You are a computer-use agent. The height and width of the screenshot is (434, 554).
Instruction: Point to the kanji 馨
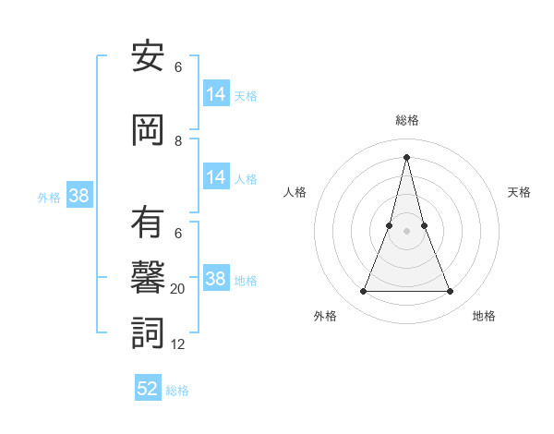pos(148,277)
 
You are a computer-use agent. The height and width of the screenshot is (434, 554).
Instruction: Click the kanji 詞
pos(148,332)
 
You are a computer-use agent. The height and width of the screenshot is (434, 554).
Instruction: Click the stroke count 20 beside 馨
pos(178,289)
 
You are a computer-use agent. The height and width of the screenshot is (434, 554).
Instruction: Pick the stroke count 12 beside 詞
pos(178,344)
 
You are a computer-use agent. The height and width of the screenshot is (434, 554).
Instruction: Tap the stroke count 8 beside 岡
pos(178,141)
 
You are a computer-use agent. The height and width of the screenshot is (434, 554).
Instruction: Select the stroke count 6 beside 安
pos(178,67)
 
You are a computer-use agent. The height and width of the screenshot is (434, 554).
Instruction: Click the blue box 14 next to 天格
pos(216,94)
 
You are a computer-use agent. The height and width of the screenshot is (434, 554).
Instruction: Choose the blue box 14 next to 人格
pos(216,177)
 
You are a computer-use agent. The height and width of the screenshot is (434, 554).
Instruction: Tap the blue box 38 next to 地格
pos(216,279)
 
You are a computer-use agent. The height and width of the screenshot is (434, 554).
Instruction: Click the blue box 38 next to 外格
pos(78,196)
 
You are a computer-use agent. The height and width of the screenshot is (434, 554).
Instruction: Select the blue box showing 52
pos(148,389)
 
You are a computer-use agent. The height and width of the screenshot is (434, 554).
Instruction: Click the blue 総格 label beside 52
pos(177,391)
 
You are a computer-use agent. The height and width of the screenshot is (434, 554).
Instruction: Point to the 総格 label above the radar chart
pos(406,120)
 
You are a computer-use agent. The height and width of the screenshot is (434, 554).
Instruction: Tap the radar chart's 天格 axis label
pos(519,192)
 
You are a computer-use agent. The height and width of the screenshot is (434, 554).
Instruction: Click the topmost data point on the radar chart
pos(406,156)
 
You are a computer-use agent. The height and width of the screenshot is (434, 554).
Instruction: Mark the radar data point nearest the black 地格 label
pos(450,292)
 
